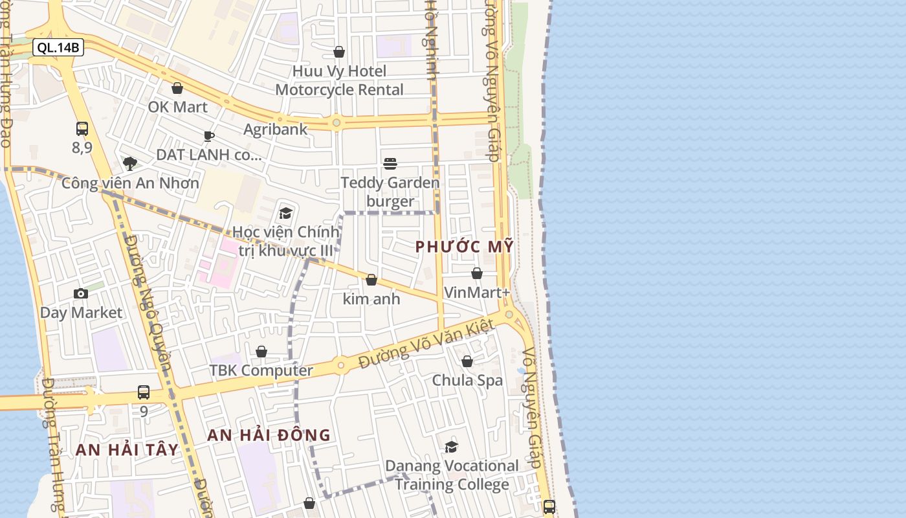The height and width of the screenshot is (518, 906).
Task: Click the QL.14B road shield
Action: click(58, 47)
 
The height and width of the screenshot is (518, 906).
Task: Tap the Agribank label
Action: click(276, 129)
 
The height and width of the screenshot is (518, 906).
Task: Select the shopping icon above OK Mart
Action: click(177, 88)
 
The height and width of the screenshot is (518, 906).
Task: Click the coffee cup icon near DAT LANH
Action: click(208, 136)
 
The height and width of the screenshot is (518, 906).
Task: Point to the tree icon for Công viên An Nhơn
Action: click(130, 163)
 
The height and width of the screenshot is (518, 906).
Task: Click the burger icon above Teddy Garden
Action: click(390, 164)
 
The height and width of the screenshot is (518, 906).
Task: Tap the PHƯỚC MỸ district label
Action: click(464, 247)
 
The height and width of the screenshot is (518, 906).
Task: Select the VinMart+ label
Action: click(477, 293)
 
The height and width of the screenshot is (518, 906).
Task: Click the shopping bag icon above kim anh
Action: click(371, 280)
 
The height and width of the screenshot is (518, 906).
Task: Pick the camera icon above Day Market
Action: click(81, 293)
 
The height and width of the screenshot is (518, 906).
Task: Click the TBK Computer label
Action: click(261, 370)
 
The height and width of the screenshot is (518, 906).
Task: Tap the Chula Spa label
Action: click(467, 380)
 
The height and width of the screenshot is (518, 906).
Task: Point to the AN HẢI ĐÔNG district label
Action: click(269, 435)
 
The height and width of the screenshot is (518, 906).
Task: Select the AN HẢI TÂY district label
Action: click(127, 450)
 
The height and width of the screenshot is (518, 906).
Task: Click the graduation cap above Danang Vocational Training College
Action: click(451, 447)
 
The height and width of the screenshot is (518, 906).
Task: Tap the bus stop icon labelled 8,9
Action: click(82, 129)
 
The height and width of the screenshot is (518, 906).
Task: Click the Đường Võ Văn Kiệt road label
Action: click(426, 344)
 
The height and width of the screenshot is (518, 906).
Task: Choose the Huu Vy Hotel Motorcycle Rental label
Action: click(340, 80)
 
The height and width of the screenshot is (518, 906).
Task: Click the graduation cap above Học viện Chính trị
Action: click(285, 213)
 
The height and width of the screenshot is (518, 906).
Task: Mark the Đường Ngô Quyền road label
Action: click(148, 303)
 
